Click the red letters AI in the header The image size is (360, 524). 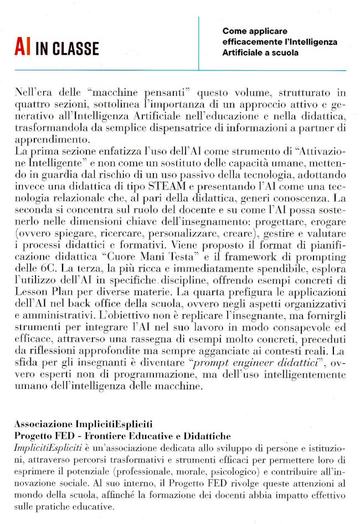pyautogui.click(x=22, y=48)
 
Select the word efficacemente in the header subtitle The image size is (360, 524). pyautogui.click(x=247, y=42)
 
